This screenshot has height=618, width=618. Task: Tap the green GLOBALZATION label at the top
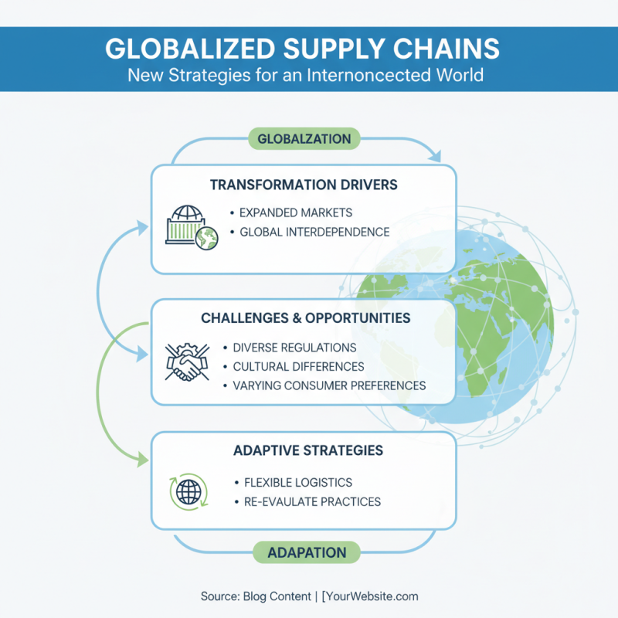click(304, 139)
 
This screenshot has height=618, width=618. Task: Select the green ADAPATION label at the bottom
click(307, 552)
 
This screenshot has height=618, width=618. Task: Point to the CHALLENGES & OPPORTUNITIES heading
click(305, 318)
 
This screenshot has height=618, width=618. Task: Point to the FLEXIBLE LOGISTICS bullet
click(298, 483)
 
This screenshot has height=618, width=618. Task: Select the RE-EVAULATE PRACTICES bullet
click(312, 502)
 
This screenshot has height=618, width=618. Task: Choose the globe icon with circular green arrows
click(188, 491)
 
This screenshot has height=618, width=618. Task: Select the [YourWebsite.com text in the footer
click(370, 596)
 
